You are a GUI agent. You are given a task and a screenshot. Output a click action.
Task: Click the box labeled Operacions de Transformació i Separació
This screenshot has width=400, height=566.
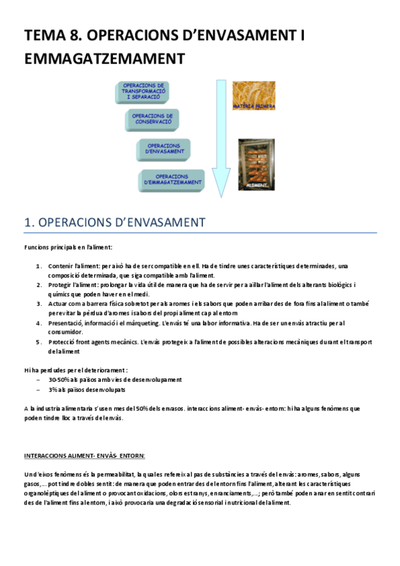[x=144, y=93]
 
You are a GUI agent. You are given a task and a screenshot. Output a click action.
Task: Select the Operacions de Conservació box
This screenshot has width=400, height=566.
[x=152, y=120]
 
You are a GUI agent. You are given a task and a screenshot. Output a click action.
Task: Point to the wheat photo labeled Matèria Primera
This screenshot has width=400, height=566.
[x=253, y=94]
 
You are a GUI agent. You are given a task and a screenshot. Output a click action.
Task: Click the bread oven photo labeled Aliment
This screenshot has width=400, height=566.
[x=256, y=163]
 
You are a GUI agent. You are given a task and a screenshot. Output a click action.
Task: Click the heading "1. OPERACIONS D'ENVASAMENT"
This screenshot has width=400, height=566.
[x=115, y=222]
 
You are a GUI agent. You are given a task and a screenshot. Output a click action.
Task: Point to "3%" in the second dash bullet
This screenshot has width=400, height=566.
[x=53, y=389]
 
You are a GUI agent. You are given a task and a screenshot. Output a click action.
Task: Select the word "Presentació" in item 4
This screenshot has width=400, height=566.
[x=65, y=323]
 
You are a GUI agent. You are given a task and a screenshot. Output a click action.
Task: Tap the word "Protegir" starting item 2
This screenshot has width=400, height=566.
[x=59, y=285]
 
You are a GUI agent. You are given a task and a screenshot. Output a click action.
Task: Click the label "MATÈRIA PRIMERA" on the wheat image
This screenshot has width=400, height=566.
[x=254, y=106]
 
